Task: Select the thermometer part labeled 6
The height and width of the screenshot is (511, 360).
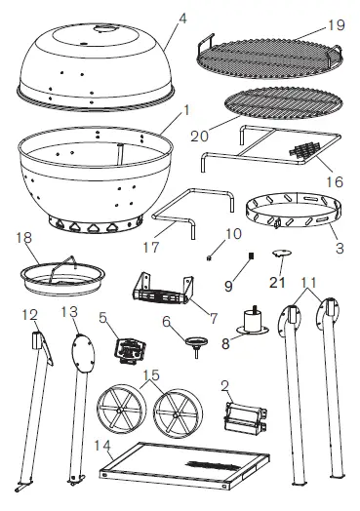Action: click(201, 342)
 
